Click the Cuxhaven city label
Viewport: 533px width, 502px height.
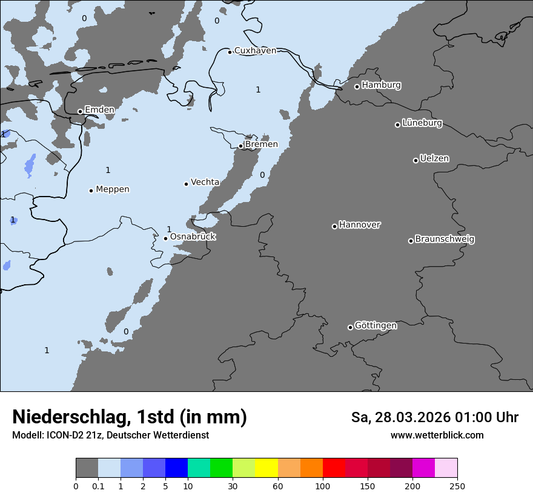click(255, 51)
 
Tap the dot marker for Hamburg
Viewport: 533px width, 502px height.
click(357, 86)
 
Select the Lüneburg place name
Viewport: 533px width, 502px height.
click(422, 123)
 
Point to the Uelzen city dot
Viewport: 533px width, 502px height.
click(415, 160)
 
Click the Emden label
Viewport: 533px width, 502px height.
click(99, 109)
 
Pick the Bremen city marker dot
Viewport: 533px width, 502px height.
click(240, 146)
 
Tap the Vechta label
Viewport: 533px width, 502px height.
click(205, 182)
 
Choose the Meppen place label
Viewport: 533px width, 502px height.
click(113, 189)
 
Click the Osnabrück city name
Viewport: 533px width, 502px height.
click(193, 237)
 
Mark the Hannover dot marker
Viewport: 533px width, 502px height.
click(334, 226)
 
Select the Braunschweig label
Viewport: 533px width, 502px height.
click(445, 240)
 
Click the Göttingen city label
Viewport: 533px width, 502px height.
click(376, 326)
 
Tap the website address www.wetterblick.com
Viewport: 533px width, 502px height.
click(437, 435)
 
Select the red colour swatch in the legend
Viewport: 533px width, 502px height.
click(334, 468)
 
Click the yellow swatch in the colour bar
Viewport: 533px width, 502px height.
click(266, 468)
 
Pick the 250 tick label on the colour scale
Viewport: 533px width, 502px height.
click(457, 486)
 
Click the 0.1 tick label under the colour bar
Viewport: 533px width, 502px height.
click(98, 486)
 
